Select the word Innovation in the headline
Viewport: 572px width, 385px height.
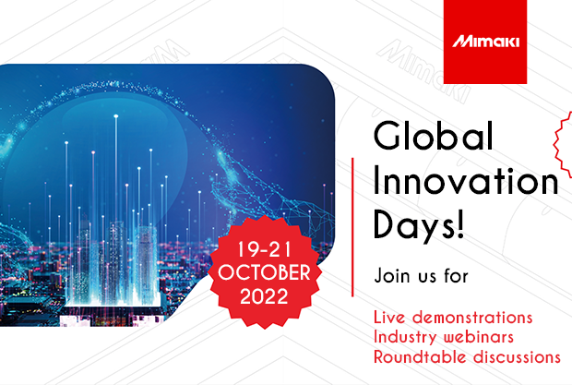point(466,183)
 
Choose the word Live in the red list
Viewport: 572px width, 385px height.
point(390,318)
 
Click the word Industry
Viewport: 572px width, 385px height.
point(407,337)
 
